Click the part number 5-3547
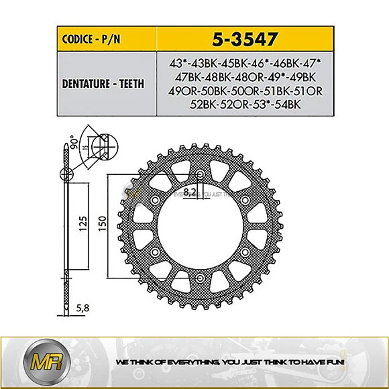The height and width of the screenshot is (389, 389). click(x=243, y=40)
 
